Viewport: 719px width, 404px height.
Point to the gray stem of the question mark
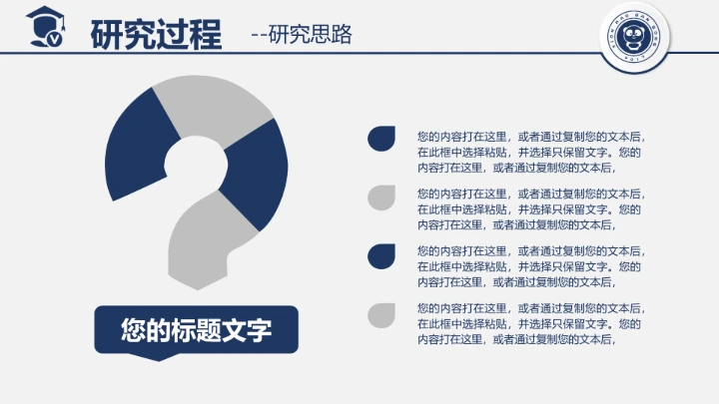point(205,244)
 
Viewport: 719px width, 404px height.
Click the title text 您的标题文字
point(197,329)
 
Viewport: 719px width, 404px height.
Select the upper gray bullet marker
point(379,198)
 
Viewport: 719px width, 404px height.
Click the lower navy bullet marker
point(379,255)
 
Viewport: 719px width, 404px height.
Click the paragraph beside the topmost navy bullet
point(530,153)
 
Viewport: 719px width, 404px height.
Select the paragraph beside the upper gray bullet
point(530,209)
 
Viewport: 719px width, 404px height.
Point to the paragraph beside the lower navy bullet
point(530,266)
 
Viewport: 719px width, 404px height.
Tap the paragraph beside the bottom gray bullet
point(530,323)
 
